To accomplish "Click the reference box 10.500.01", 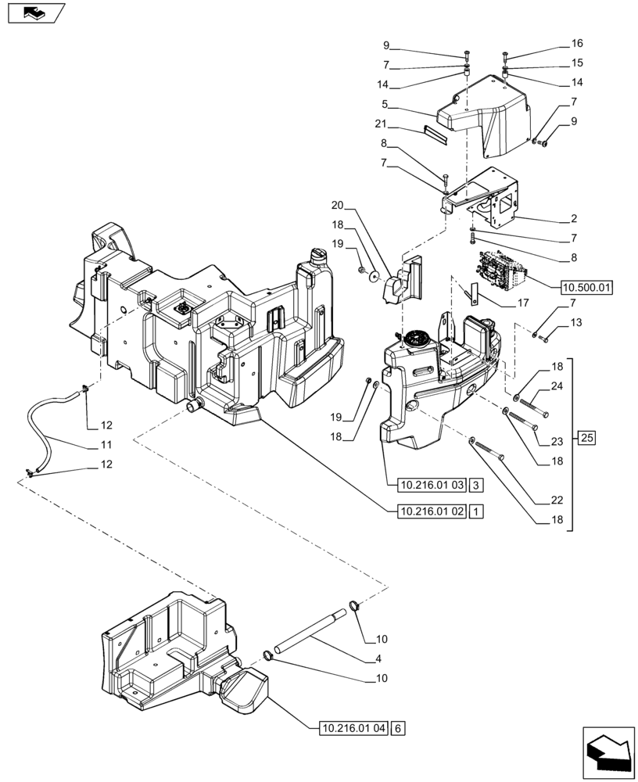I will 586,287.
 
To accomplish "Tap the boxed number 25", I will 588,438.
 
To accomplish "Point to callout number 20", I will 337,206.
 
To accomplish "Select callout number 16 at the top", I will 577,43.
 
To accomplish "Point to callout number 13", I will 577,321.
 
